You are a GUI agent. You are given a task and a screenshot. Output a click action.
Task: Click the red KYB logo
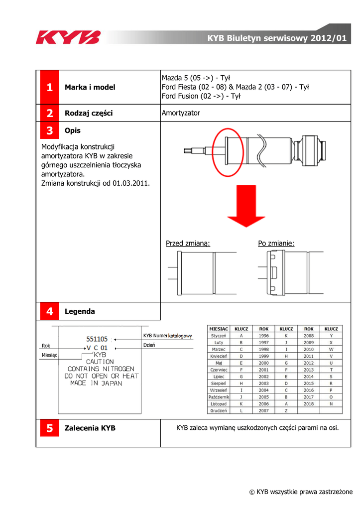click(x=68, y=37)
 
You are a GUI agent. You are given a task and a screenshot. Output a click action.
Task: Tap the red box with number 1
click(x=49, y=88)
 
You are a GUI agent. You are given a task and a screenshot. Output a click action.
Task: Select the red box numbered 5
click(x=49, y=428)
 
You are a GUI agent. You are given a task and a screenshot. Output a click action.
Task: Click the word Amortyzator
click(x=181, y=113)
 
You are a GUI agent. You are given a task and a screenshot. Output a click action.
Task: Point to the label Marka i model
click(x=90, y=88)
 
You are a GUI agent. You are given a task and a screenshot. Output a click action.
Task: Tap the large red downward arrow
click(x=246, y=208)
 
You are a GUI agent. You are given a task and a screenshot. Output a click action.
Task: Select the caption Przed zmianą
click(x=188, y=244)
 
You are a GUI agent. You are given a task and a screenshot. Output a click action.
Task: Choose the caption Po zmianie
click(x=276, y=244)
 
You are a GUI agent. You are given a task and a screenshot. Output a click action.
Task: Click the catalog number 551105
click(x=97, y=339)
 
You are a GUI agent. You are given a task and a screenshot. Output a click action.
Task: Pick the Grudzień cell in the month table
click(x=219, y=411)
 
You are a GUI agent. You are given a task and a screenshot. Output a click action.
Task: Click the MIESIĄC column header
click(x=219, y=329)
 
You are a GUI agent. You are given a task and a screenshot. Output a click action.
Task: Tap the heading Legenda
click(x=80, y=311)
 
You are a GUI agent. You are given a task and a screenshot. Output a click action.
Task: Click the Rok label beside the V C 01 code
click(x=46, y=346)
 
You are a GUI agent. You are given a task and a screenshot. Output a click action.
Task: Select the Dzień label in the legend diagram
click(x=149, y=345)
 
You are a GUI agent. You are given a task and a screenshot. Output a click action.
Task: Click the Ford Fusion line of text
click(x=201, y=97)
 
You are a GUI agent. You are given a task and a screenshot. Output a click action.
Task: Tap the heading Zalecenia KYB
click(x=90, y=428)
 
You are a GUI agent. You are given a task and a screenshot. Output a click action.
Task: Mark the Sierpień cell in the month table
click(x=219, y=383)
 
